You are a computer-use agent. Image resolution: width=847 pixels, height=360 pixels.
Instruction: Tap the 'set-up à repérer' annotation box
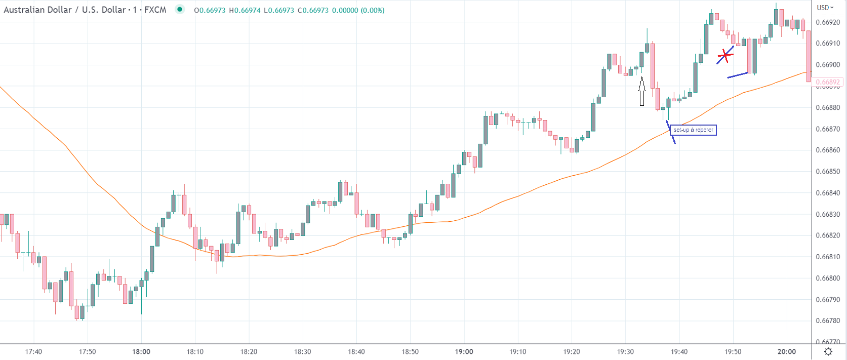pos(693,130)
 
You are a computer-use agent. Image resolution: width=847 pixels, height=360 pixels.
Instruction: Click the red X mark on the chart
pos(725,55)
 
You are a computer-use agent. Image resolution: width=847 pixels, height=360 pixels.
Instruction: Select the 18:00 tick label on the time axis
pos(141,351)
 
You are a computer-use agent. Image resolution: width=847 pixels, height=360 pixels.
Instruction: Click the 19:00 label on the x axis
pos(464,351)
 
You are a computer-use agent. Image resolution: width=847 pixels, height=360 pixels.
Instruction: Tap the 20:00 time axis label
pos(786,351)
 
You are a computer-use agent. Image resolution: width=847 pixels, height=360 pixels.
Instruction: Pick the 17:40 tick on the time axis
pos(33,351)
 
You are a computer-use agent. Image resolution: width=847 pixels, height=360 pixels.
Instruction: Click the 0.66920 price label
pos(828,22)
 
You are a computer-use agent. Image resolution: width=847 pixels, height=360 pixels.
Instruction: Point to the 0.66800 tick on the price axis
pos(828,278)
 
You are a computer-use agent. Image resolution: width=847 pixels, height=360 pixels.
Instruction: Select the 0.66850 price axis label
pos(828,172)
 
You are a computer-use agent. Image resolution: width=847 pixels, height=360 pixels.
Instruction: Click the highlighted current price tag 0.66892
pos(828,82)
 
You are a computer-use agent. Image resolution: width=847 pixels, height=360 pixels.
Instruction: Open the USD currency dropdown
pos(825,8)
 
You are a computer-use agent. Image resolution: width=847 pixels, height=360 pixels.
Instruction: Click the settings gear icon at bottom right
pos(828,351)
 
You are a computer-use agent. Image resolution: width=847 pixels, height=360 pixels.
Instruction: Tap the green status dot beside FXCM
pos(179,9)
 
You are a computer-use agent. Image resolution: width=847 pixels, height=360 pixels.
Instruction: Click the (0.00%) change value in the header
pos(372,10)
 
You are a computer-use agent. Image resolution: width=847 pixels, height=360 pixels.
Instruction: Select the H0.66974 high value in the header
pos(245,10)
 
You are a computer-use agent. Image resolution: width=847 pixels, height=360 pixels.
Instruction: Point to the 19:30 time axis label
pos(625,351)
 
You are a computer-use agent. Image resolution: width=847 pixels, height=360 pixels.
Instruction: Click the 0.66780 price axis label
pos(828,321)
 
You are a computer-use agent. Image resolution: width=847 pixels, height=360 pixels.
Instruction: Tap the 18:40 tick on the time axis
pos(356,351)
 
